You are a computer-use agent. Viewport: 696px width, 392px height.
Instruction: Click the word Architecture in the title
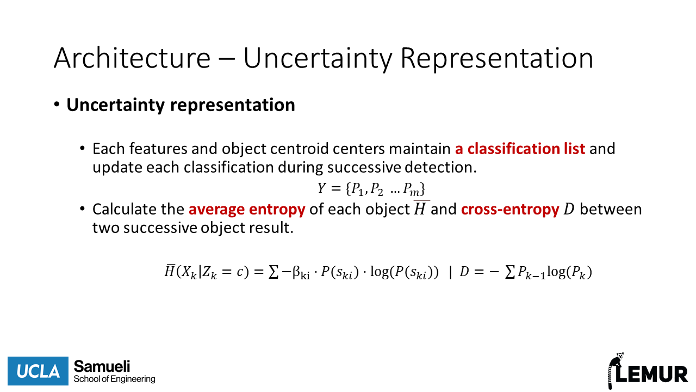point(132,58)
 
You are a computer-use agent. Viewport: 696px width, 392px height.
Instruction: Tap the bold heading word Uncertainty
point(116,105)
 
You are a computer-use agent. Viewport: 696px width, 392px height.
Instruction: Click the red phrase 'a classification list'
point(520,149)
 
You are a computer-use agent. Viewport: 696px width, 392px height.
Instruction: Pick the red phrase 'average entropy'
point(247,210)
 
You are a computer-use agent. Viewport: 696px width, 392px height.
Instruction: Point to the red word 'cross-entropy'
point(510,210)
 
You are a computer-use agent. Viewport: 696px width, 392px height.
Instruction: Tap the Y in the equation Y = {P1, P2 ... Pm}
point(321,188)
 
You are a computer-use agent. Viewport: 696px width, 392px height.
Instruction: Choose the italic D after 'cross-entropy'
point(569,210)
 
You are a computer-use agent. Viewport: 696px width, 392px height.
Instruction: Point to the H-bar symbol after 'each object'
point(420,209)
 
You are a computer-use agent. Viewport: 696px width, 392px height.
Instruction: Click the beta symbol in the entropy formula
point(296,272)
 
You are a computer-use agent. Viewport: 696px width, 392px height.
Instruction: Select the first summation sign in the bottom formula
point(274,272)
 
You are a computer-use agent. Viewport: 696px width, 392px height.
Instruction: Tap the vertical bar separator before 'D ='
point(451,272)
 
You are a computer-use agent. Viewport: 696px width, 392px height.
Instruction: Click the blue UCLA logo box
point(38,371)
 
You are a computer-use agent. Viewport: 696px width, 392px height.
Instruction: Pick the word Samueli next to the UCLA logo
point(102,366)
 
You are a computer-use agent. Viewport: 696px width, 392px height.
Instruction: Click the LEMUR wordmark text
point(652,374)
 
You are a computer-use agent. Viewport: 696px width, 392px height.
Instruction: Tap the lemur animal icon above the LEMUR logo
point(615,370)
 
